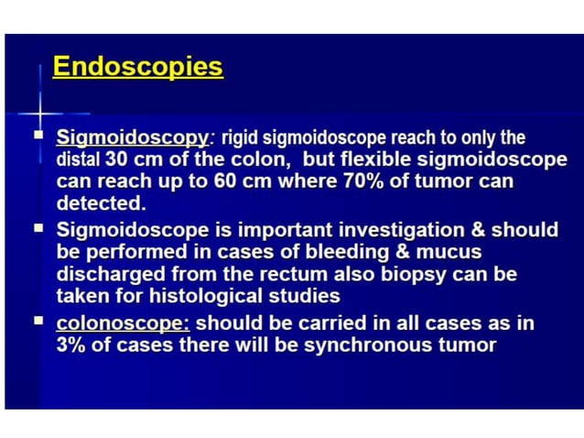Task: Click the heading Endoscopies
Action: click(x=137, y=68)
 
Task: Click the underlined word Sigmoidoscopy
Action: click(x=132, y=138)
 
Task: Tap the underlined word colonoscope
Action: click(x=123, y=323)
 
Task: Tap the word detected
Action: click(x=101, y=203)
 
